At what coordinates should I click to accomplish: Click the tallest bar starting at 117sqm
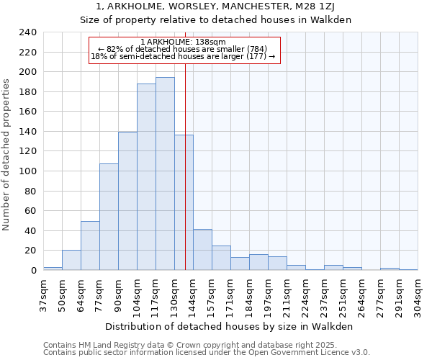point(165,174)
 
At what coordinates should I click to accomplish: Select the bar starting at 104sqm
point(146,177)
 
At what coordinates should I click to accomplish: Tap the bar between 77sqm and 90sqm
point(109,217)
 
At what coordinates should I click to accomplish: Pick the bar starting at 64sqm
point(90,246)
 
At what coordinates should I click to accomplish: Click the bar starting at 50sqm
point(71,260)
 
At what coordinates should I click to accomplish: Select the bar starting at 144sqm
point(202,250)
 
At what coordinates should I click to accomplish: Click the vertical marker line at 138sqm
point(185,166)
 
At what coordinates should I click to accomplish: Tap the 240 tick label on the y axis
point(27,32)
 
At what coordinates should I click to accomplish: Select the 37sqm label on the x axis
point(43,293)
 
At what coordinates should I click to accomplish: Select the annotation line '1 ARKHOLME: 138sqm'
point(183,42)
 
